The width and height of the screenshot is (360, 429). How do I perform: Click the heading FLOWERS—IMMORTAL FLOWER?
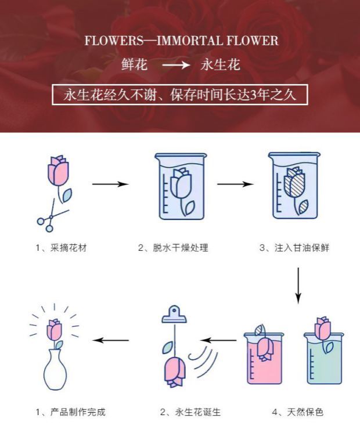(x=181, y=41)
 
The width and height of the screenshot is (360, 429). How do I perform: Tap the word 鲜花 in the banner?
(x=134, y=64)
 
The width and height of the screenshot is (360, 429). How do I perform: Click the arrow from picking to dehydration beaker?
(x=110, y=185)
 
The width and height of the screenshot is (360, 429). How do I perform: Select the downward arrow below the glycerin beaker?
(x=298, y=285)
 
